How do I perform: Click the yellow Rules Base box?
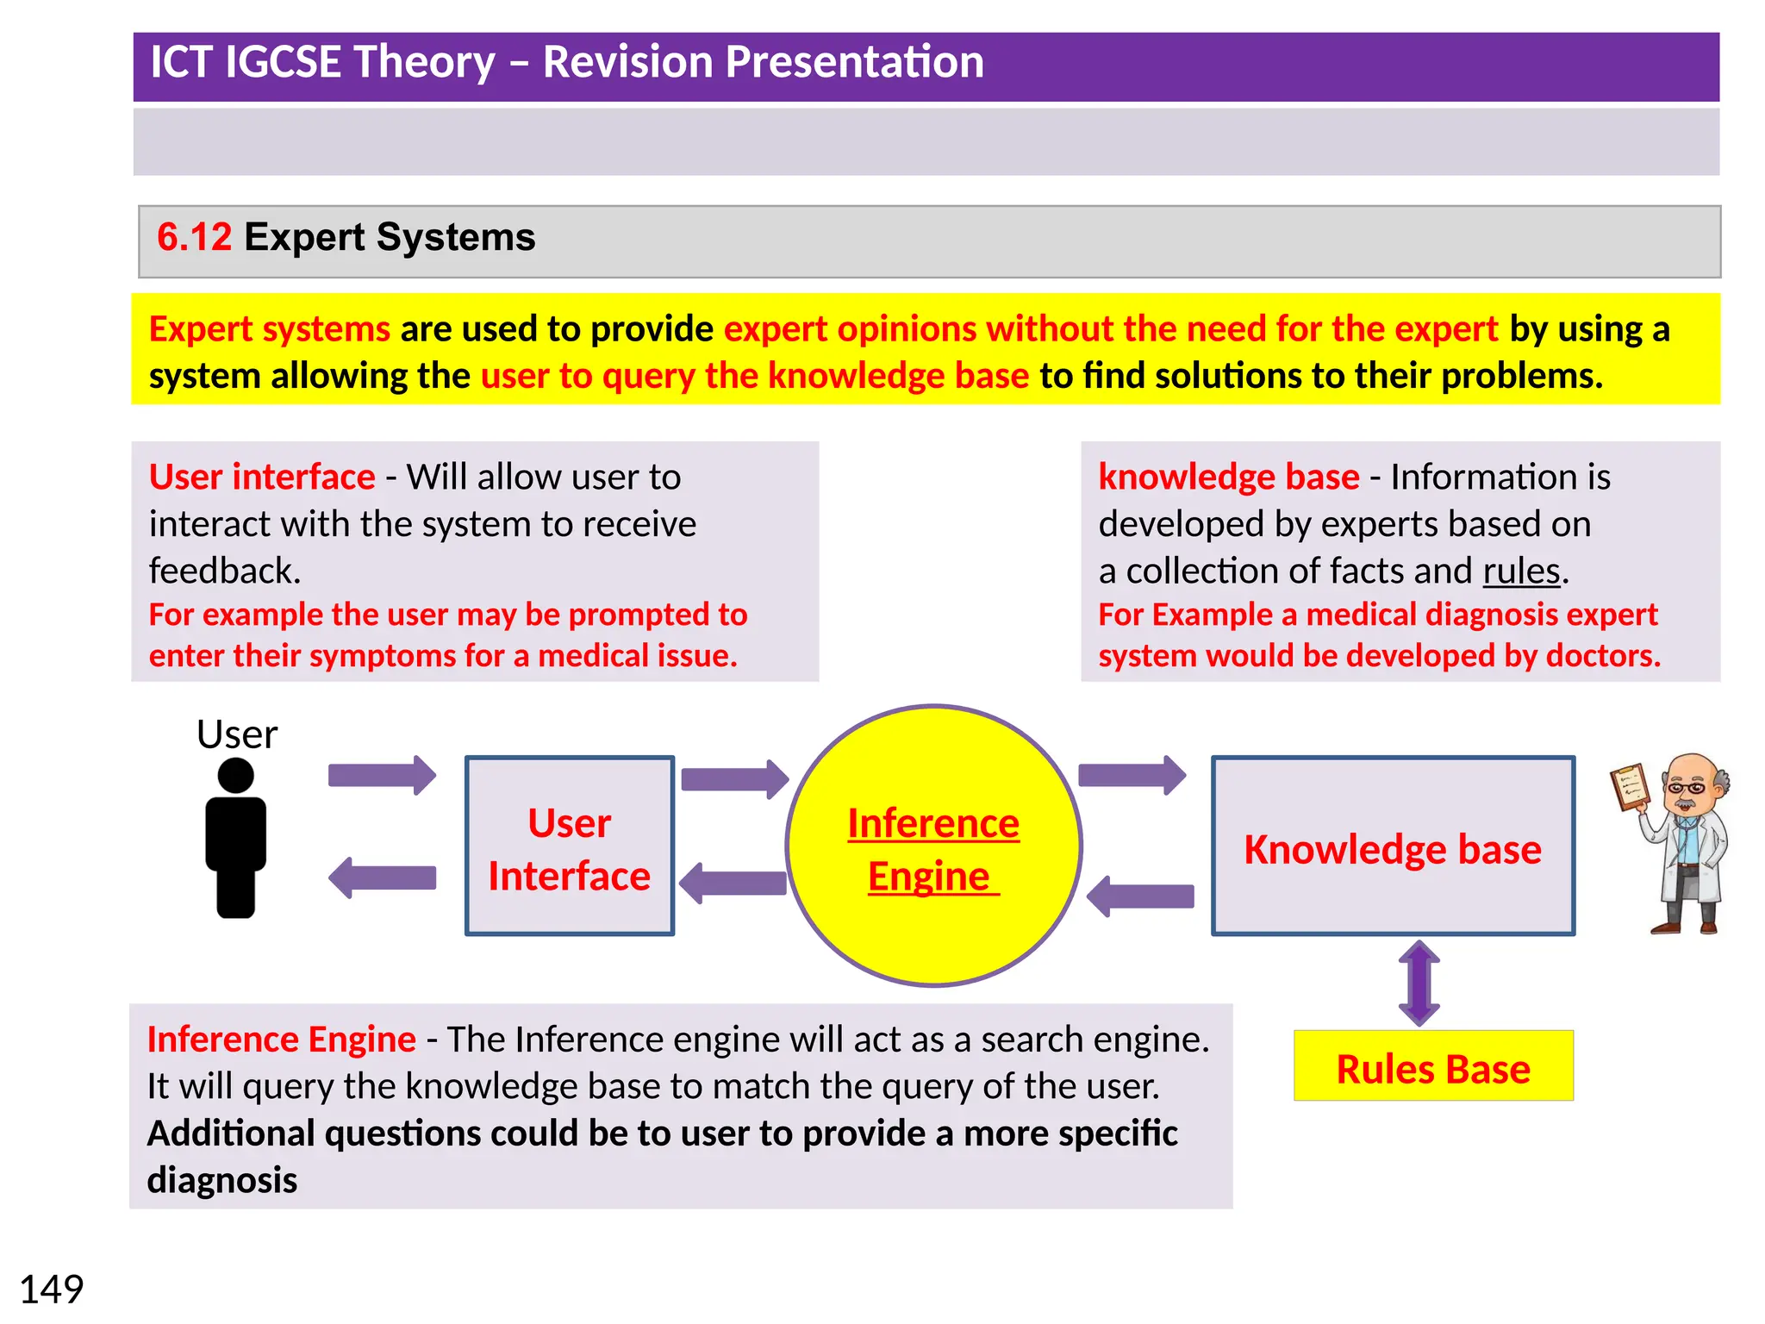1433,1067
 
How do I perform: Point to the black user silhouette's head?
235,775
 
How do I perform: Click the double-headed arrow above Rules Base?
1419,983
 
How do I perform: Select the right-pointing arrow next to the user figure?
382,775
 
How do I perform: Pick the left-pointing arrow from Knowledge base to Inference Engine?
1140,896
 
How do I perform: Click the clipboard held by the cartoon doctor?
1630,785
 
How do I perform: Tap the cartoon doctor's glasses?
1685,787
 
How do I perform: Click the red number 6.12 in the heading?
194,237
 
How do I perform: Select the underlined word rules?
1521,571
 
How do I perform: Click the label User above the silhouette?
237,734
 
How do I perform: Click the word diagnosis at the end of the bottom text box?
222,1180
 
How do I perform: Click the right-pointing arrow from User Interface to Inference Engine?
734,779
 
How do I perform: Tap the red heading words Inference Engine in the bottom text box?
282,1040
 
